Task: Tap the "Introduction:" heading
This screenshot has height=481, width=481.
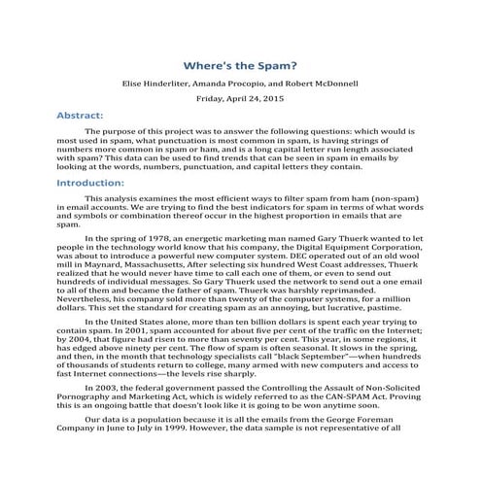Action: (x=93, y=182)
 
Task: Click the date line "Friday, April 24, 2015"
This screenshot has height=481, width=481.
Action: (x=240, y=98)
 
